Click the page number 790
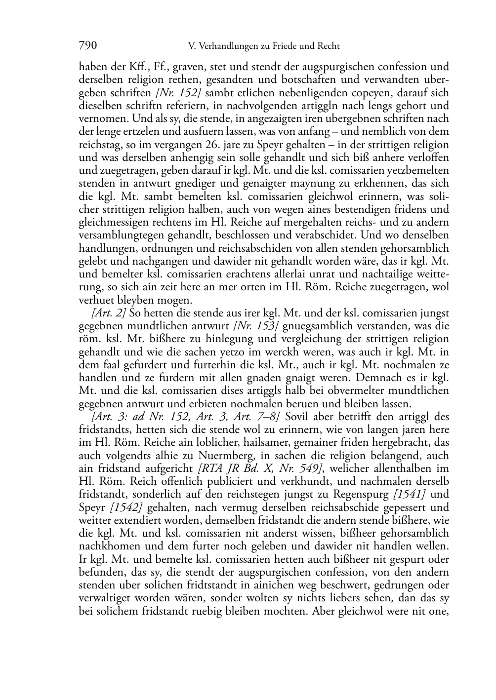pyautogui.click(x=87, y=46)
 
